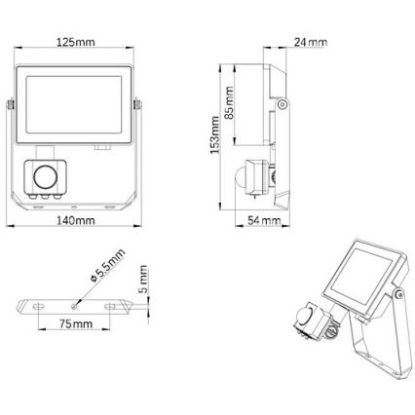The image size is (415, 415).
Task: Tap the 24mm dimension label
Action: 311,42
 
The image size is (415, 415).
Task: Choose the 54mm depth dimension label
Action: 264,222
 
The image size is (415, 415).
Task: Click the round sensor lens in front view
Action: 45,176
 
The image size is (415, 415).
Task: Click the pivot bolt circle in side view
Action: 282,103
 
